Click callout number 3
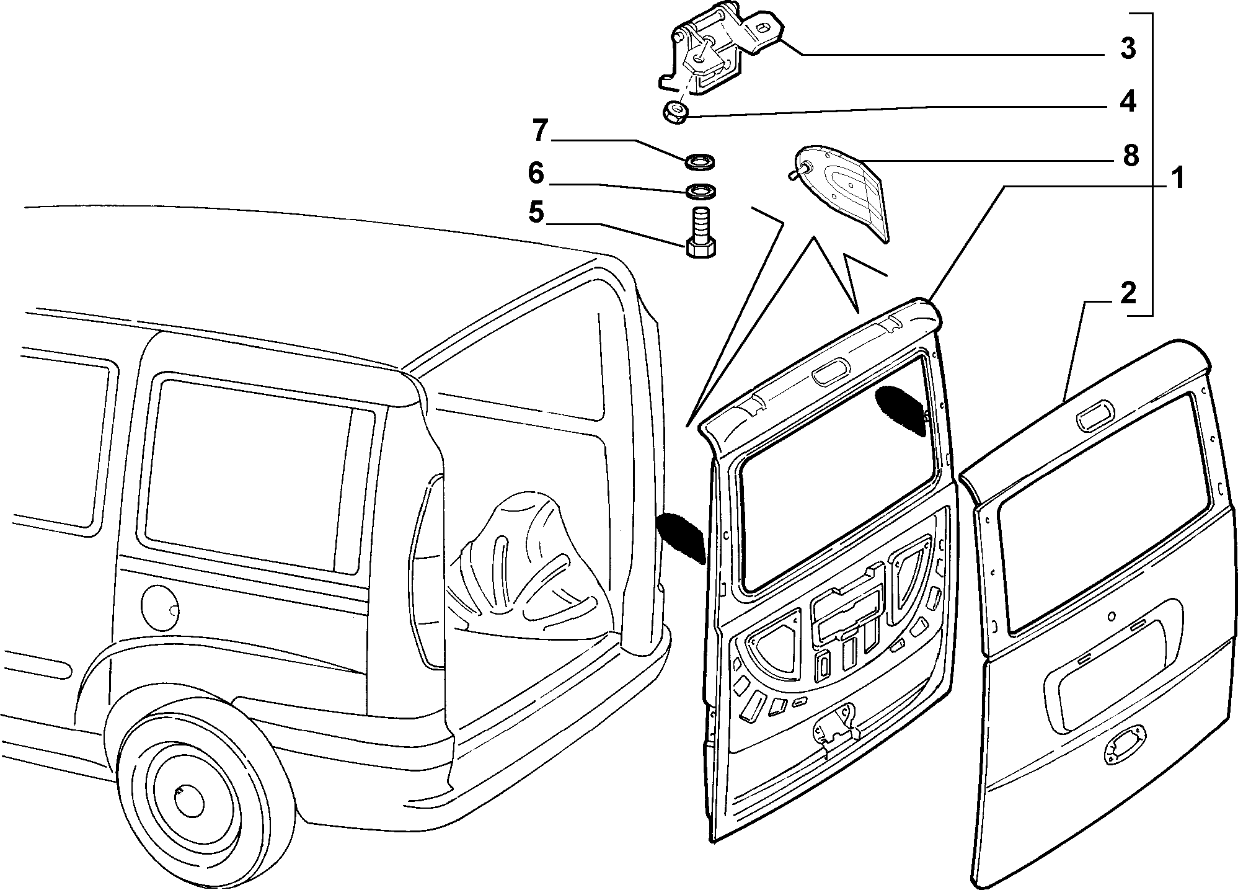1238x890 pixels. click(x=1128, y=48)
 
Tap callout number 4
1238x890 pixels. click(x=1128, y=101)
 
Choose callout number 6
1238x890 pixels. click(x=536, y=173)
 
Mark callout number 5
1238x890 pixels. click(x=536, y=212)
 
